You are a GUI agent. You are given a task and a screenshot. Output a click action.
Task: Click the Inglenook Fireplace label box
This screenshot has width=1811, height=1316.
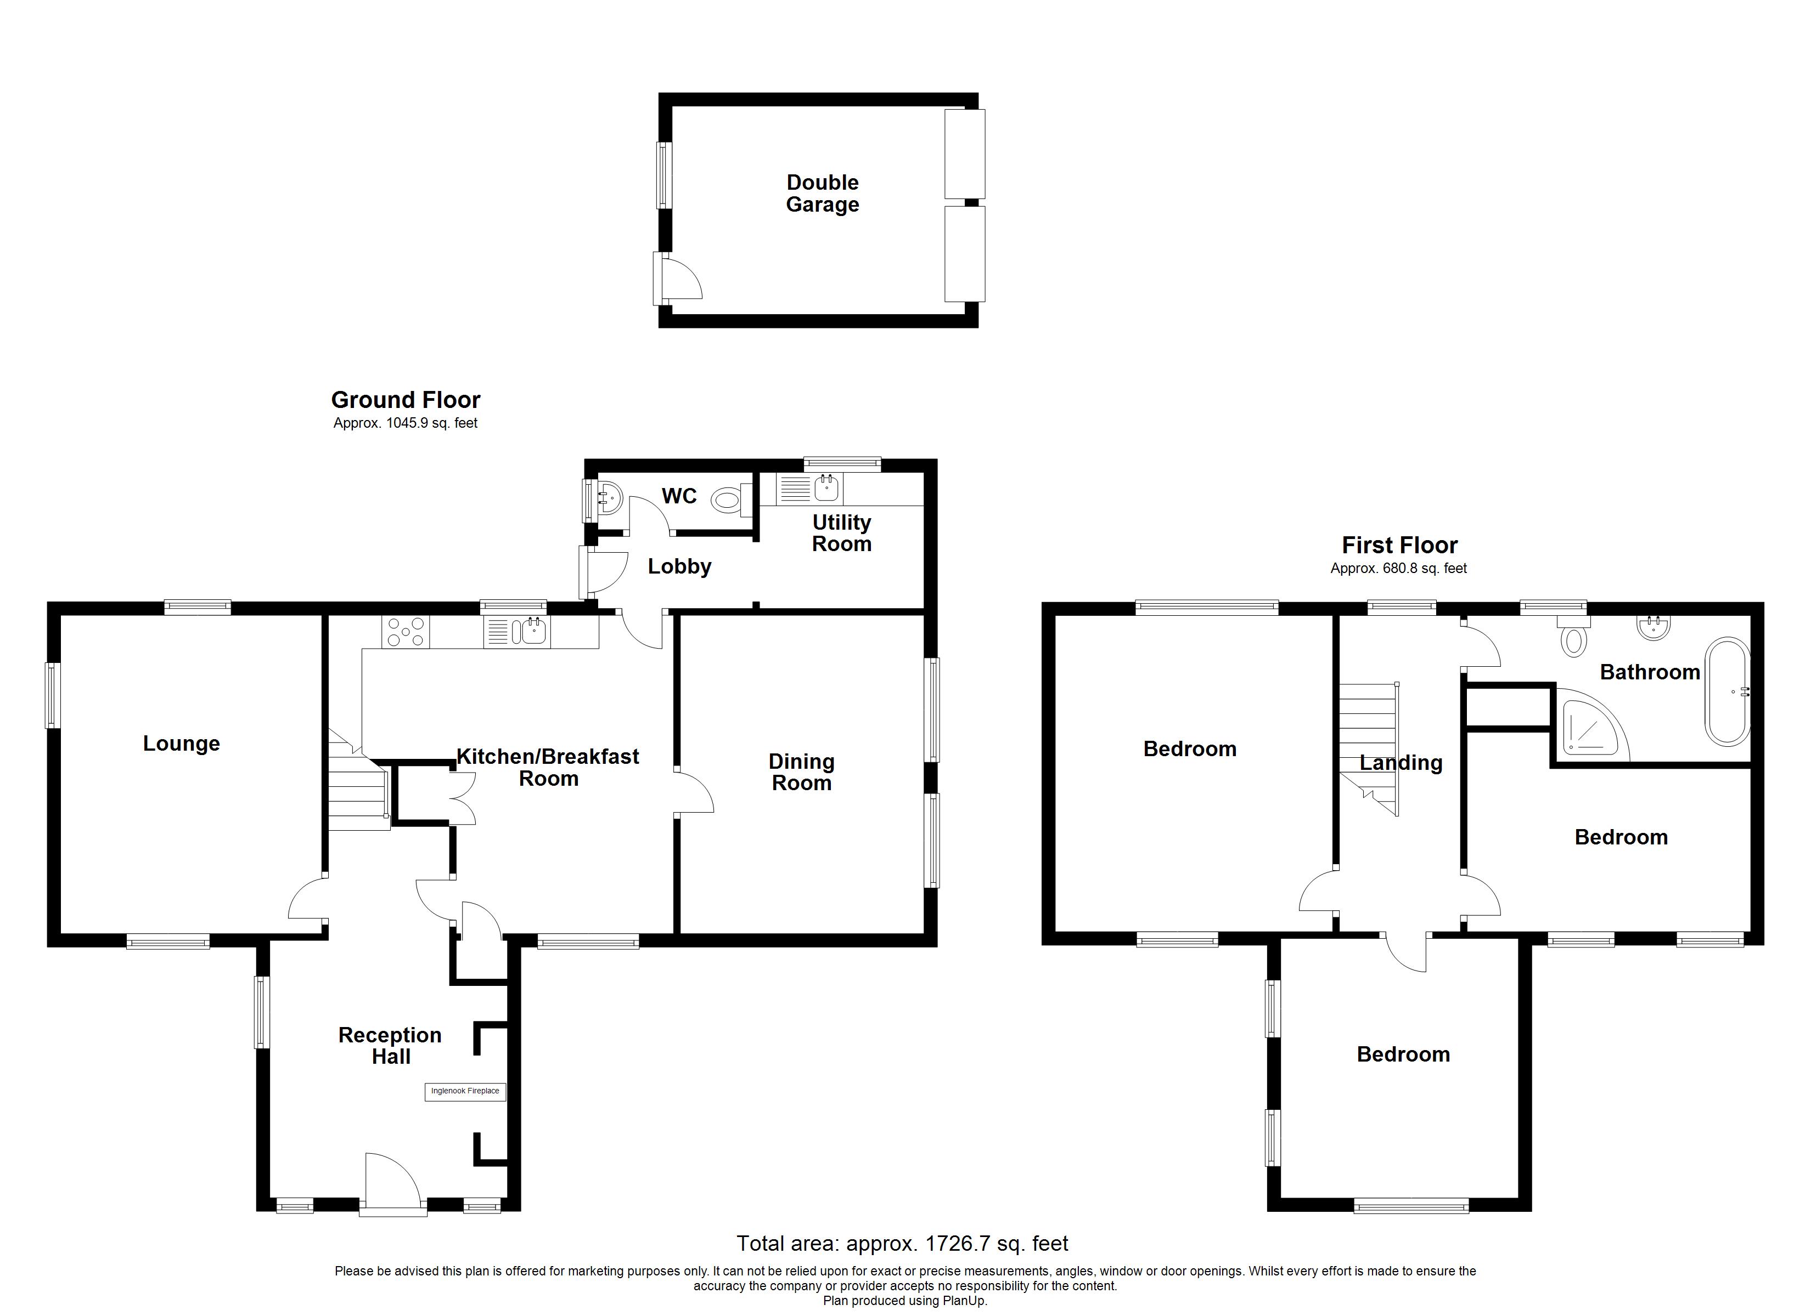(465, 1091)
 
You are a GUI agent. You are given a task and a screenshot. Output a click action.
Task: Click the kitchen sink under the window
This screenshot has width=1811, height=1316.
(518, 631)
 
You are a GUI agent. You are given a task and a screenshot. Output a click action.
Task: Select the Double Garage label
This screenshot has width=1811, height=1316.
(823, 193)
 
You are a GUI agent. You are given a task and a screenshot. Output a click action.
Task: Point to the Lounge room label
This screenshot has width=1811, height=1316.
(181, 744)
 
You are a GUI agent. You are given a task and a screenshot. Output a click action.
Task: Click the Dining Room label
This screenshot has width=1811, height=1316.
(802, 773)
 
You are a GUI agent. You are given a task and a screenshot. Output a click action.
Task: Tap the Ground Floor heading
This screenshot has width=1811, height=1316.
(406, 400)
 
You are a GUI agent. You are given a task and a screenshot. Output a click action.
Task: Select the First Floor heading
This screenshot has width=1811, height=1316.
(1400, 545)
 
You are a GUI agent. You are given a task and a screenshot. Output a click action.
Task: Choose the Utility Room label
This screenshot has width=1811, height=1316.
(842, 533)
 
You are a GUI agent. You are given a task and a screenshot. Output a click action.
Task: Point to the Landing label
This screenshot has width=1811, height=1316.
(1402, 763)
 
